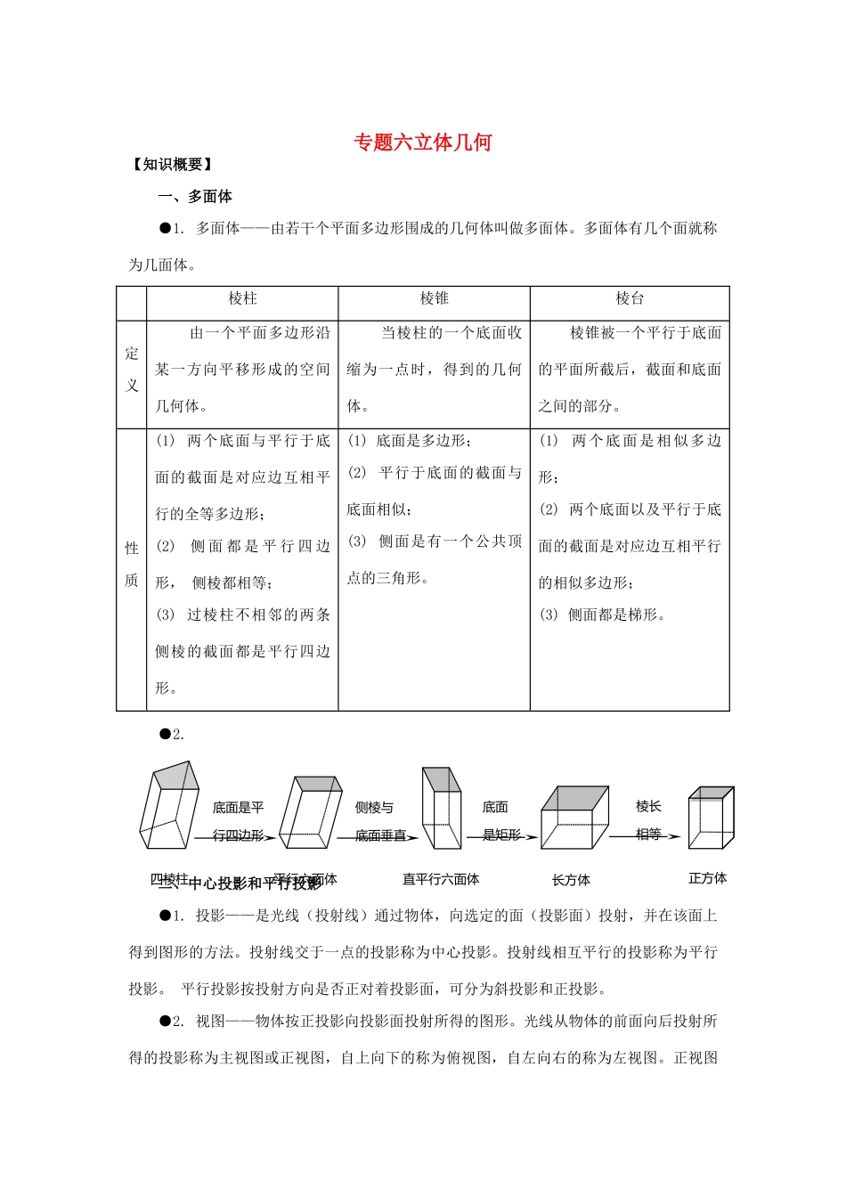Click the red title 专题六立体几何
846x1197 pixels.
(422, 142)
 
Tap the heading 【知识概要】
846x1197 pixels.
(171, 165)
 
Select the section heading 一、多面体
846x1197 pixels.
(195, 197)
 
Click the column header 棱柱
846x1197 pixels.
(242, 299)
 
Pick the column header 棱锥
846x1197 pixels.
(434, 299)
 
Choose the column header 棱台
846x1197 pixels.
(630, 299)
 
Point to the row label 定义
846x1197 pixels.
(132, 370)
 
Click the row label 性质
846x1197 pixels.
(132, 565)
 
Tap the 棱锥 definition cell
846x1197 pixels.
(434, 370)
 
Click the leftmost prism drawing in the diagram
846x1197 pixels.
(169, 805)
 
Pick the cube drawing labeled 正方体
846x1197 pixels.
(711, 818)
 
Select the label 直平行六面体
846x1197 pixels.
(441, 880)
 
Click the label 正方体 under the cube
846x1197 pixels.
(707, 878)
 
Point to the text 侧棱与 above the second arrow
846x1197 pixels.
(374, 808)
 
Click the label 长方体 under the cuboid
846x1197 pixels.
(571, 881)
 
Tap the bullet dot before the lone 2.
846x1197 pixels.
(164, 734)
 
